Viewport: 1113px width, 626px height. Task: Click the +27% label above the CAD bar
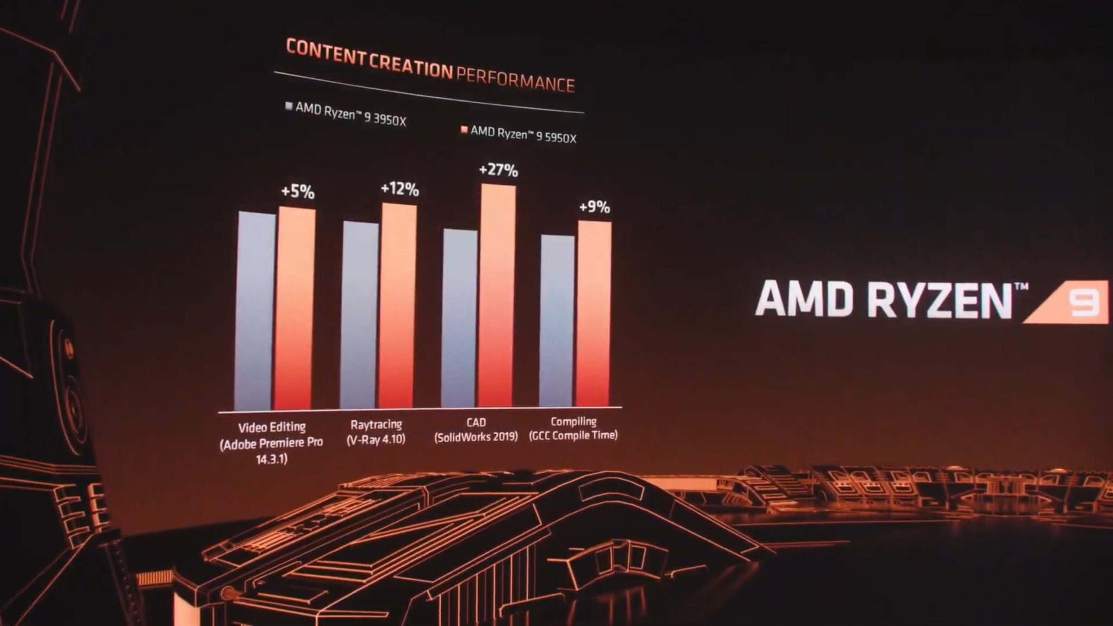tap(498, 170)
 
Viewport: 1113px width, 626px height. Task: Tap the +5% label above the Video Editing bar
tap(297, 191)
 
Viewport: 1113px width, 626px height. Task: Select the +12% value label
tap(399, 189)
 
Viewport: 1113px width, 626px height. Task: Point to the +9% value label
tap(594, 207)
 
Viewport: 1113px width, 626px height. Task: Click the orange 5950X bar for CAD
tap(497, 296)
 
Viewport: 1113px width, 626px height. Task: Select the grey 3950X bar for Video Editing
tap(255, 311)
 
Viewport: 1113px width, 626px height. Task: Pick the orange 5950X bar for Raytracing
tap(398, 306)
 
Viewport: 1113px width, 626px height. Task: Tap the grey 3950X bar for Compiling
tap(557, 321)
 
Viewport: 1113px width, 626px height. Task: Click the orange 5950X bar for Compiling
tap(593, 314)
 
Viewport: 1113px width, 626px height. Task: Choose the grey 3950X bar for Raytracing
tap(359, 315)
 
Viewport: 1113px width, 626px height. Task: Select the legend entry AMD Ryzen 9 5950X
tap(519, 134)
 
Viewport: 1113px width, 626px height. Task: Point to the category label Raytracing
tap(376, 424)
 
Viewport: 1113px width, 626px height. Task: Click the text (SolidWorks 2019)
tap(476, 436)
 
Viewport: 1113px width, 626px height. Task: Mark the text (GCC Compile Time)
tap(573, 435)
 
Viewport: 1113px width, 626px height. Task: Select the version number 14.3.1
tap(271, 459)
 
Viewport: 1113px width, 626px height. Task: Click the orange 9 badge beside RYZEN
tap(1081, 302)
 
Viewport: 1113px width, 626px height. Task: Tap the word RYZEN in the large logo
tap(940, 299)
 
